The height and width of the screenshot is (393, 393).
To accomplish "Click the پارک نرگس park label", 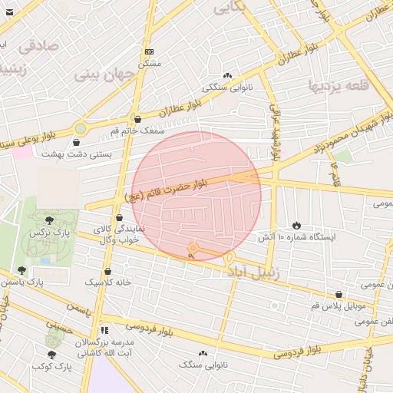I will (45, 232).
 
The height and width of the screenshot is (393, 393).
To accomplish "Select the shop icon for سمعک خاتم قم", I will (137, 120).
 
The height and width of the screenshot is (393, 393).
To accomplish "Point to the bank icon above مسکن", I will (149, 51).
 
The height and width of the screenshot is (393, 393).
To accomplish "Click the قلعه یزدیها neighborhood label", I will (342, 85).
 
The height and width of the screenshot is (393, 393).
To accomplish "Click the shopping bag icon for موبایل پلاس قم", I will (339, 294).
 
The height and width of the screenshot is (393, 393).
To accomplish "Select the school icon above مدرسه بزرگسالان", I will (105, 330).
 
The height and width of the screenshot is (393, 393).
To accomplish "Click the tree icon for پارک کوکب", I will (51, 355).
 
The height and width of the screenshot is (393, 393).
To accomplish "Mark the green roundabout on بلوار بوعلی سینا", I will (80, 129).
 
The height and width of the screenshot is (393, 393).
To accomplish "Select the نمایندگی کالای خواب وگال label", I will (114, 234).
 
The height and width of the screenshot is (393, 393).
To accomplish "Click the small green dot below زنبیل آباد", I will (274, 306).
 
